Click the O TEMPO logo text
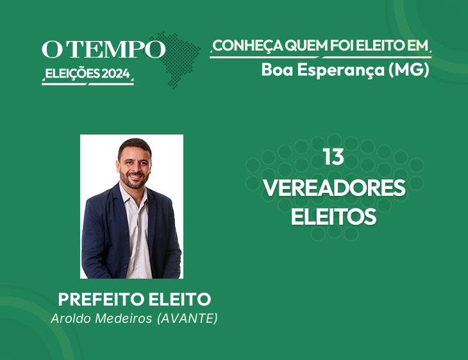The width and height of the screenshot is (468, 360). pyautogui.click(x=104, y=49)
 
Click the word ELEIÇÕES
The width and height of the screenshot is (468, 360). pyautogui.click(x=72, y=74)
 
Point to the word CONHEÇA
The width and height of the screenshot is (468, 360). pyautogui.click(x=247, y=45)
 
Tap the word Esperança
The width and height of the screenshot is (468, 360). pyautogui.click(x=341, y=70)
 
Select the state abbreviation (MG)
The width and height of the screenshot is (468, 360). pyautogui.click(x=409, y=69)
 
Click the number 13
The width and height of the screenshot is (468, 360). pyautogui.click(x=333, y=157)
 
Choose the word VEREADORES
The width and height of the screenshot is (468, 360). pyautogui.click(x=334, y=188)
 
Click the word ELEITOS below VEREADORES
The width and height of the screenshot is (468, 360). pyautogui.click(x=333, y=217)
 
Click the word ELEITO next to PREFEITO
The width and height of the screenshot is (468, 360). pyautogui.click(x=180, y=299)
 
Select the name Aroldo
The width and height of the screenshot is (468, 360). pyautogui.click(x=71, y=318)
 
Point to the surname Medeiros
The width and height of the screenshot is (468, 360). pyautogui.click(x=124, y=318)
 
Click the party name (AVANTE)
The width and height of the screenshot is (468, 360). pyautogui.click(x=187, y=318)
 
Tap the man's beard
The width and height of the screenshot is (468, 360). pyautogui.click(x=135, y=181)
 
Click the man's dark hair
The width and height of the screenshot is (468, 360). pyautogui.click(x=135, y=146)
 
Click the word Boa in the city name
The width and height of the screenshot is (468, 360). pyautogui.click(x=277, y=69)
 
